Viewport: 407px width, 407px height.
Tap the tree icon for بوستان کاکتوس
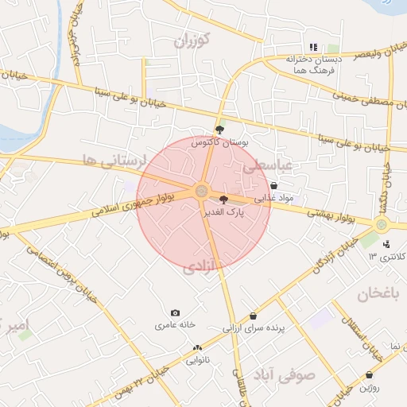click(219, 128)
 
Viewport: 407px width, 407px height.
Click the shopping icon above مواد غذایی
click(273, 185)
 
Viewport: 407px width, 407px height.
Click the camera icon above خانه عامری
click(175, 312)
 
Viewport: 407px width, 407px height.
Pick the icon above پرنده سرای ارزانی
click(253, 316)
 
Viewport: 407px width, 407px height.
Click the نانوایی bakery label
click(197, 360)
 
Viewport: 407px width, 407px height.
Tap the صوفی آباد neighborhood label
click(284, 374)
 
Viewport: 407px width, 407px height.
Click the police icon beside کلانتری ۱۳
click(386, 243)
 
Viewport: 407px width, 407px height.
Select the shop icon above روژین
click(369, 374)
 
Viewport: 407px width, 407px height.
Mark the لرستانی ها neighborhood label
click(114, 161)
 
